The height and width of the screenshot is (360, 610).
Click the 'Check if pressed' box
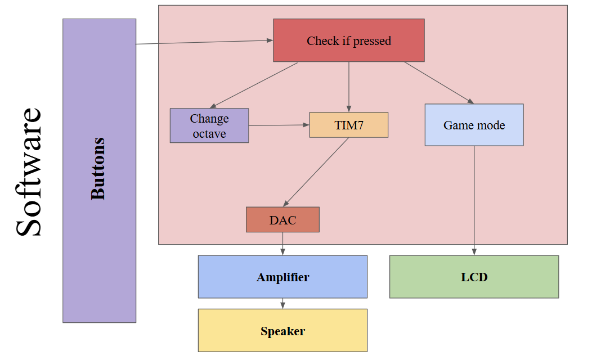click(349, 40)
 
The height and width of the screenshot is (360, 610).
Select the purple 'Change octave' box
click(209, 125)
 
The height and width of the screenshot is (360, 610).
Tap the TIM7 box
click(349, 125)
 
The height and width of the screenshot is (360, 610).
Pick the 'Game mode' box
click(474, 125)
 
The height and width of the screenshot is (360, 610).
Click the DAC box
click(282, 220)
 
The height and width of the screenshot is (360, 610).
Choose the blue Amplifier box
click(282, 277)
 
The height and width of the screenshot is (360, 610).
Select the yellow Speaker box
click(282, 331)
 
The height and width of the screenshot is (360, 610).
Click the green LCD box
click(474, 277)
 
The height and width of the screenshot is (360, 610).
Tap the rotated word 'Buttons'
click(98, 168)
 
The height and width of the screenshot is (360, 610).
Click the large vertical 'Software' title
click(28, 172)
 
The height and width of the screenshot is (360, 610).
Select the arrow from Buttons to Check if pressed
click(203, 42)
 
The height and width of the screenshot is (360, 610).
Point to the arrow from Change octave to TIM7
click(279, 125)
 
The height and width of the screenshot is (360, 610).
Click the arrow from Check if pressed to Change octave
click(253, 85)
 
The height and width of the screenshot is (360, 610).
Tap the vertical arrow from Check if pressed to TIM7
click(349, 87)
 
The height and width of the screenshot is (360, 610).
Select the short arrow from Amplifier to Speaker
click(282, 303)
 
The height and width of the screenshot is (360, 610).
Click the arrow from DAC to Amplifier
click(282, 244)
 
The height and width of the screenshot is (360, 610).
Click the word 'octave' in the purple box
click(209, 134)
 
